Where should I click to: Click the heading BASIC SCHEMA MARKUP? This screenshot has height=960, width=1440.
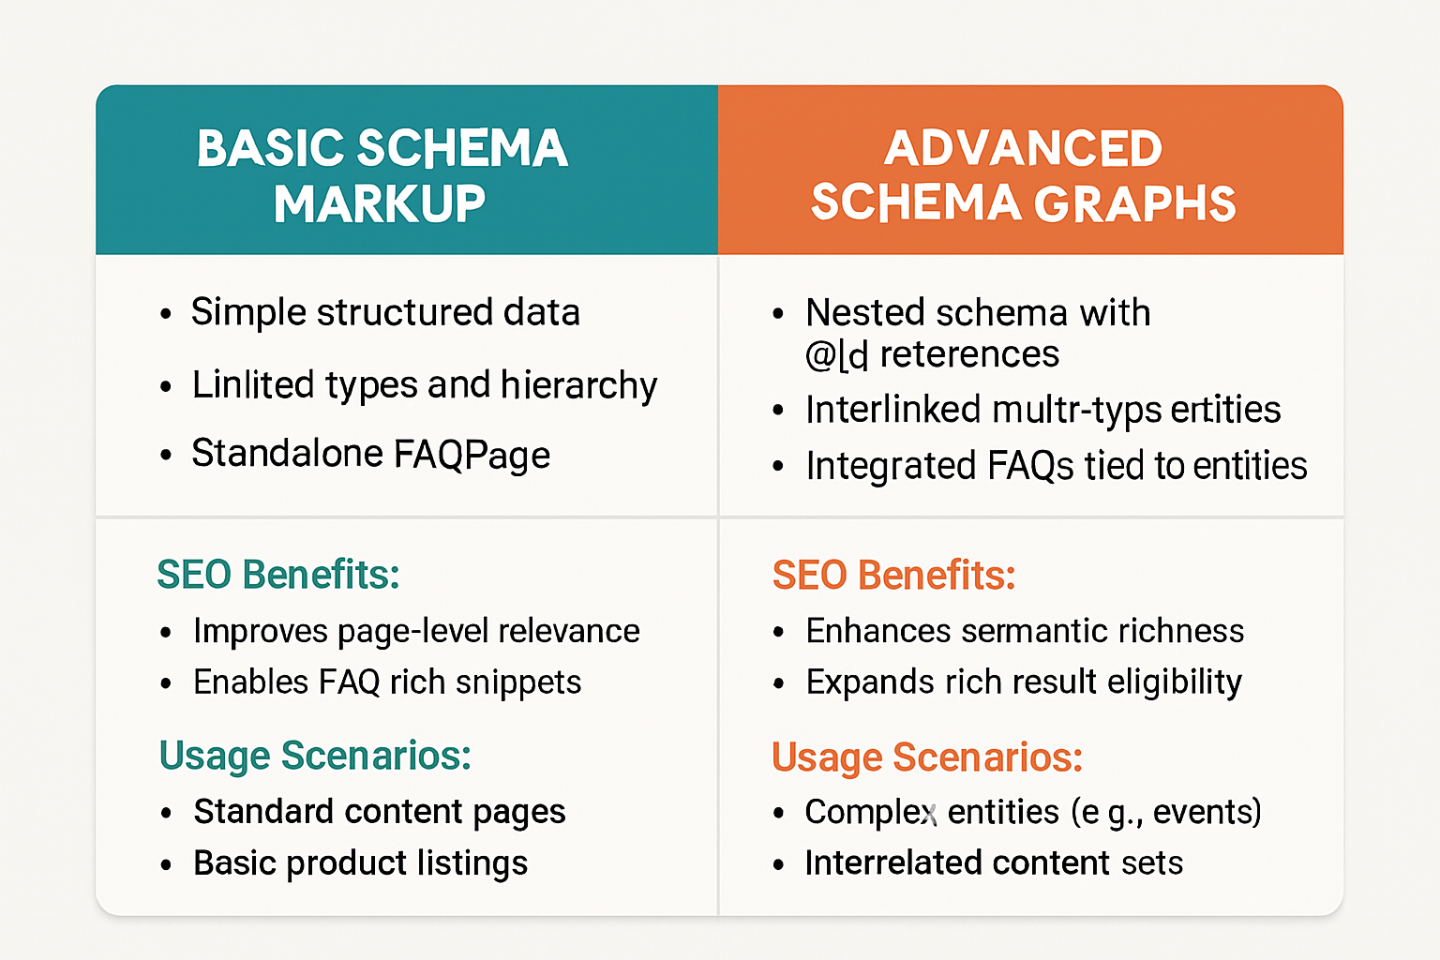[382, 175]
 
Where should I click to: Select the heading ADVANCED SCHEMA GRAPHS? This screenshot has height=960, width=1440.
[1024, 175]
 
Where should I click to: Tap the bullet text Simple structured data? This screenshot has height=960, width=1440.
[385, 312]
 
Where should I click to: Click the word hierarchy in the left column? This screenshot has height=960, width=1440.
[578, 385]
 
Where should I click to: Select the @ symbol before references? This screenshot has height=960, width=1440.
[820, 354]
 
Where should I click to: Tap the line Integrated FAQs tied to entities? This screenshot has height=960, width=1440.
[1056, 466]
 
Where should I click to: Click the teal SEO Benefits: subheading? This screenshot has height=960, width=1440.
[278, 575]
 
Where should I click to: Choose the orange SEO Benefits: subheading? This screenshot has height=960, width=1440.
[893, 576]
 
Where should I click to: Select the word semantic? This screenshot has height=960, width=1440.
[1041, 631]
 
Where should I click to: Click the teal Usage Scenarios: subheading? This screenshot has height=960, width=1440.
[315, 756]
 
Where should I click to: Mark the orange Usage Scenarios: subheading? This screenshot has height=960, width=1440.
[927, 757]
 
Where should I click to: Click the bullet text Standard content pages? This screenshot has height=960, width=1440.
[380, 812]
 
